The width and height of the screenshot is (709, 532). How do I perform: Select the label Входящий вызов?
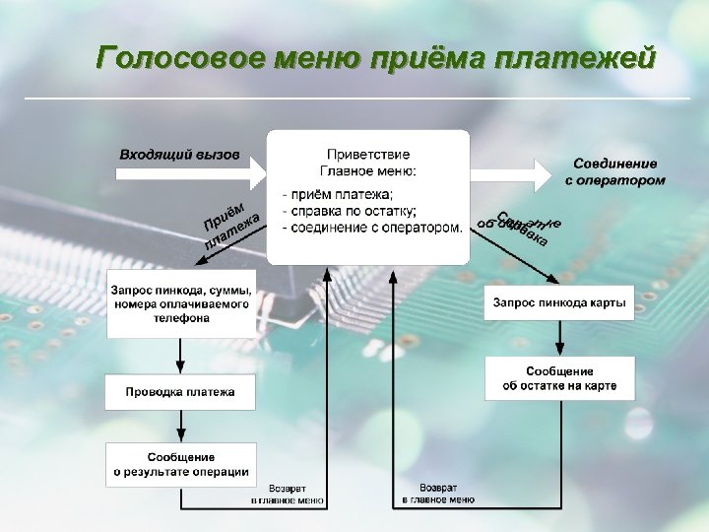179,156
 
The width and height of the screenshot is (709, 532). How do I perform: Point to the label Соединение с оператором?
615,171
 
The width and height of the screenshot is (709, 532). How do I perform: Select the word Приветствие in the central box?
368,155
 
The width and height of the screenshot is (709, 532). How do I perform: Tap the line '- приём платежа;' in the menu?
338,193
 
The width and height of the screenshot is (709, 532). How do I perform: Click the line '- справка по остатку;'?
351,210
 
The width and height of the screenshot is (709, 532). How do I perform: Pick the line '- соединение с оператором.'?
372,228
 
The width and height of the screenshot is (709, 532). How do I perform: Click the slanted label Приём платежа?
230,225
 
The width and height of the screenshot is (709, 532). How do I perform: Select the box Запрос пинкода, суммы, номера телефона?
181,303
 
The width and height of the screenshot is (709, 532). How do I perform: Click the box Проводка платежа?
180,392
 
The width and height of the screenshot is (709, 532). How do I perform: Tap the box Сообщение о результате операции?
181,464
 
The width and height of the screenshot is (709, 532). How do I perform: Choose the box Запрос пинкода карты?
559,301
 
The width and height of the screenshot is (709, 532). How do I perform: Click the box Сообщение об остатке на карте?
559,378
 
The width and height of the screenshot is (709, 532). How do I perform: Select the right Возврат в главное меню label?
437,494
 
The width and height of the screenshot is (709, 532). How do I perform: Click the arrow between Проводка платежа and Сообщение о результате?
181,426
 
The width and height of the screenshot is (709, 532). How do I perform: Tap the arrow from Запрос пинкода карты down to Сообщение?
559,336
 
